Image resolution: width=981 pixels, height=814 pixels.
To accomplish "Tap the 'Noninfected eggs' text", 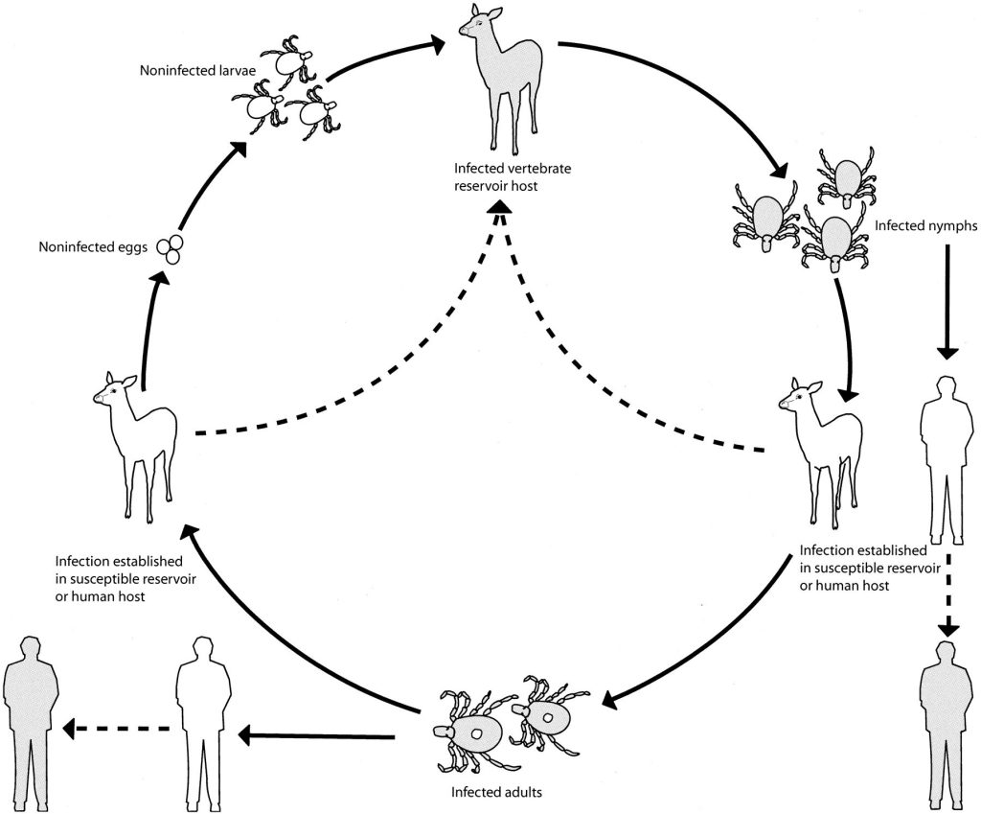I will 92,247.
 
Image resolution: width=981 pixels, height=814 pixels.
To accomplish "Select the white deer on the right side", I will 817,451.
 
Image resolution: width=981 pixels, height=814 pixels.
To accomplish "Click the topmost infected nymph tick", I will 846,177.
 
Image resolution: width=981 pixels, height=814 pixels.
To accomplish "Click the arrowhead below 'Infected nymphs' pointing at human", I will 947,353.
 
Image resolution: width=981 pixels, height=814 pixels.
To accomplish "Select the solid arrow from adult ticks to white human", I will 316,736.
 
